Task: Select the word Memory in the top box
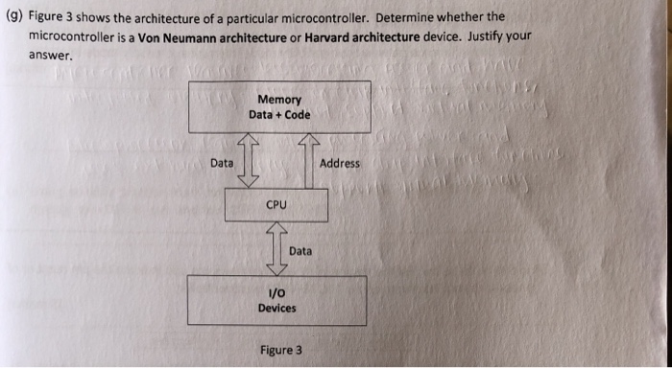click(278, 100)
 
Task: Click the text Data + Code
click(278, 115)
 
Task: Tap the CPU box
click(276, 204)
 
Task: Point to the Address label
click(340, 163)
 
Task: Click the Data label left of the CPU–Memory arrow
click(222, 163)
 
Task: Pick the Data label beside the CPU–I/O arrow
click(300, 250)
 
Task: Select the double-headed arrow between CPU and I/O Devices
click(276, 248)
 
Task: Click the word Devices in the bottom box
click(276, 309)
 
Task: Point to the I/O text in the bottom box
click(276, 293)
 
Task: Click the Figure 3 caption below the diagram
click(280, 350)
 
